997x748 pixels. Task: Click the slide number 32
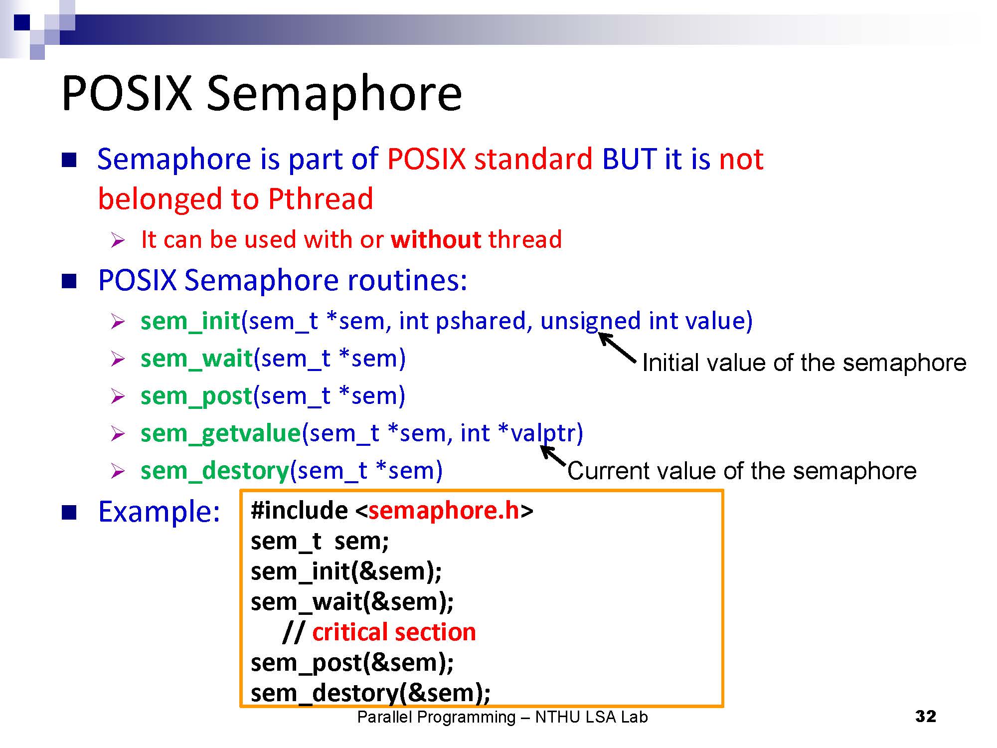point(926,716)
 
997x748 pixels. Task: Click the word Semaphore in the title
point(334,94)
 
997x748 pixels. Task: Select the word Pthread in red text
point(321,199)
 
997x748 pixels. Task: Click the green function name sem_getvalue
point(221,433)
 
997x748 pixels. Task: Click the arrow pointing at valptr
point(553,455)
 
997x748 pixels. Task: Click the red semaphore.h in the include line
point(444,511)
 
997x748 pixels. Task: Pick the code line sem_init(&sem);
point(346,571)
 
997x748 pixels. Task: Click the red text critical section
point(394,632)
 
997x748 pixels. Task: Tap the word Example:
point(159,512)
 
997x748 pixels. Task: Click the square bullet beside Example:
point(69,513)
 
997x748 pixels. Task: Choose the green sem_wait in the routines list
point(196,359)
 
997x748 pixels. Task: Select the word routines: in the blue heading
point(407,280)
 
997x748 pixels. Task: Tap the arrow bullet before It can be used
point(118,240)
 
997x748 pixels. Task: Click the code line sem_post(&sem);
point(352,663)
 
